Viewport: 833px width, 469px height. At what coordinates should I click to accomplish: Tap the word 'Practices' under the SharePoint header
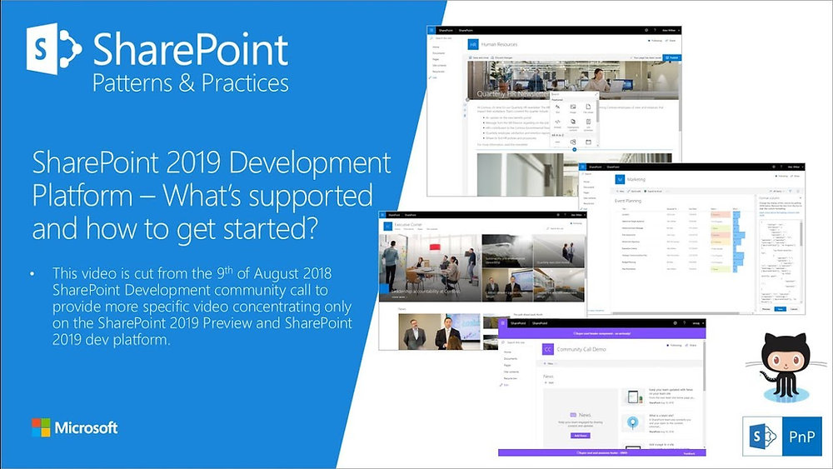coord(242,83)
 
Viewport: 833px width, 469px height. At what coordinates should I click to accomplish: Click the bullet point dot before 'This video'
coord(32,273)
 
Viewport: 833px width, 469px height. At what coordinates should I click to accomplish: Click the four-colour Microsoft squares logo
coord(41,428)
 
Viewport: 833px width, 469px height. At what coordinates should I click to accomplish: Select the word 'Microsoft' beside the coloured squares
coord(86,428)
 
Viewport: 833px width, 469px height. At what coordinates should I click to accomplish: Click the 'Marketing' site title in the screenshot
coord(636,177)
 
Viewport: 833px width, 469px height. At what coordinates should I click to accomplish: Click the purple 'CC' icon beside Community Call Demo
coord(547,349)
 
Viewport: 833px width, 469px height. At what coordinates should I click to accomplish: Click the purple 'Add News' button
coord(579,435)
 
